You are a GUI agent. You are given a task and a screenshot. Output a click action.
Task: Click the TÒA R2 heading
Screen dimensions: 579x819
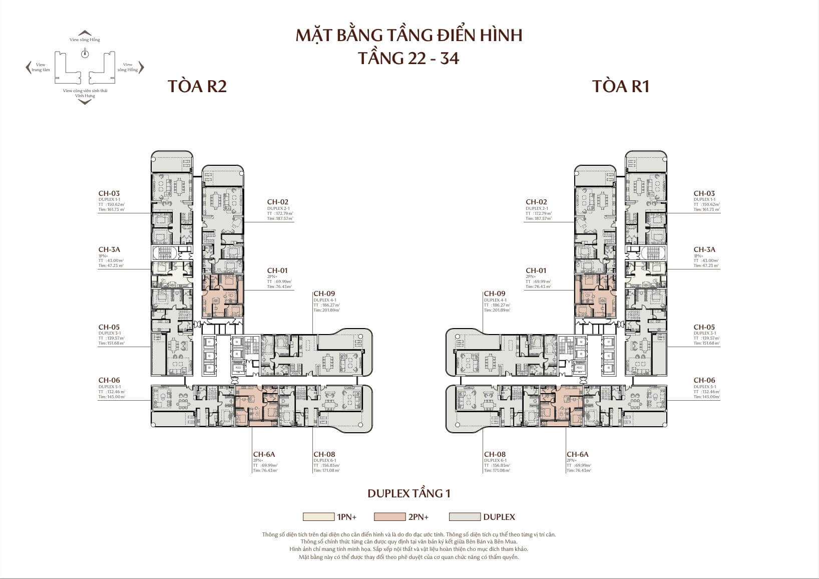click(197, 86)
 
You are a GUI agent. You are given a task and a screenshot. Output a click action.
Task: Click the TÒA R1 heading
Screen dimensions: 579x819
click(621, 86)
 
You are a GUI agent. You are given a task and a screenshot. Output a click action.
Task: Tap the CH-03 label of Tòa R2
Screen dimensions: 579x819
click(109, 193)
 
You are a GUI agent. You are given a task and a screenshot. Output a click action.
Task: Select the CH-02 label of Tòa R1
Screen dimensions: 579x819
click(536, 202)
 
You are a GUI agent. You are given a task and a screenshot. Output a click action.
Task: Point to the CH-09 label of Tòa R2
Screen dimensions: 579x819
click(324, 294)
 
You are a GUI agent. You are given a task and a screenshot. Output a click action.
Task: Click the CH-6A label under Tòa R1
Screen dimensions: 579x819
click(577, 454)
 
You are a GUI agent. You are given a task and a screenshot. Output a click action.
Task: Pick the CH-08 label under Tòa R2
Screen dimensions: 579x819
click(324, 454)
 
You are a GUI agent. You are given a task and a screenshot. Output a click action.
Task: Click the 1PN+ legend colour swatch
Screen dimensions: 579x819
click(318, 517)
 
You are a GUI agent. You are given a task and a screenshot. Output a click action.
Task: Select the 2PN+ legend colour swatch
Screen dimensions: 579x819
click(389, 517)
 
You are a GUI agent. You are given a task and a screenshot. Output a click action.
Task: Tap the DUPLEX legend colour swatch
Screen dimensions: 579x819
click(465, 517)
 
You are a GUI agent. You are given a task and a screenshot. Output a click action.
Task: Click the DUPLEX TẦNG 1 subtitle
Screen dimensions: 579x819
click(409, 493)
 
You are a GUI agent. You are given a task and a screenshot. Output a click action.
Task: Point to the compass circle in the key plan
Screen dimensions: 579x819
click(85, 54)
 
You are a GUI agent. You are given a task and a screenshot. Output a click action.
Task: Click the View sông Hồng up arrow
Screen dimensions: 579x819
click(85, 33)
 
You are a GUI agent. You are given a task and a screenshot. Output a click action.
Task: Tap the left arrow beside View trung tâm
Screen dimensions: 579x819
click(28, 68)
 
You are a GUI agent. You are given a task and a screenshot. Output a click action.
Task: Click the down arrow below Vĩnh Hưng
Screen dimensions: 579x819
click(85, 102)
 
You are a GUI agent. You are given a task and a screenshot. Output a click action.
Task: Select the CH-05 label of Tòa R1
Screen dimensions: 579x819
click(704, 327)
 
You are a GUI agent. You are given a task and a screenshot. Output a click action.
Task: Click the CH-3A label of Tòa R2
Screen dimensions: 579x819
click(109, 249)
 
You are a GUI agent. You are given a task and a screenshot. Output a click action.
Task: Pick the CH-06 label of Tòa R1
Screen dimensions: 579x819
click(704, 380)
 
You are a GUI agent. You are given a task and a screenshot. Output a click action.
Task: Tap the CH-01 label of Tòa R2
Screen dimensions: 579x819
click(277, 270)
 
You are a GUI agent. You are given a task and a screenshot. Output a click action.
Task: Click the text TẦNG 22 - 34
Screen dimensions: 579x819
click(409, 58)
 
